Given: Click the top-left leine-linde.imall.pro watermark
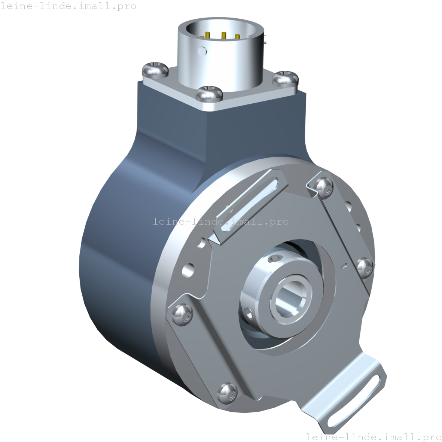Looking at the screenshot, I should (x=68, y=6).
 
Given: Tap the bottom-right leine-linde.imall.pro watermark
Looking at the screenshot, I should (x=373, y=437).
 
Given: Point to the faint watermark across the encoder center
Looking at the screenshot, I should (x=221, y=222).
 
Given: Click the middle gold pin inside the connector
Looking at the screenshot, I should (x=223, y=36).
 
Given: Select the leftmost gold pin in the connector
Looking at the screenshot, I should (x=207, y=36).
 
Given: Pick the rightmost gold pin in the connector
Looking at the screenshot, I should (x=237, y=37).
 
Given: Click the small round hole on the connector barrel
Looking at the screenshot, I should (x=203, y=50).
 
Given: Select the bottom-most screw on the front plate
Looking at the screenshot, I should (x=227, y=392).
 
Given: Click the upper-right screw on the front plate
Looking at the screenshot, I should (x=324, y=186).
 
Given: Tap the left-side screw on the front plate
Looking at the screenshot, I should (x=182, y=313).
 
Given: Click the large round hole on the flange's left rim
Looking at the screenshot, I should (x=188, y=269).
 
